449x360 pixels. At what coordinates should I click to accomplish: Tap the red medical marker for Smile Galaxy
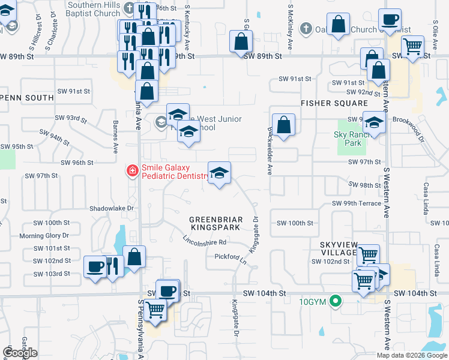point(131,171)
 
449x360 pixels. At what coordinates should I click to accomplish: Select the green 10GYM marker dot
point(337,302)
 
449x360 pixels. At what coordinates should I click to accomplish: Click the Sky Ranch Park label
point(348,139)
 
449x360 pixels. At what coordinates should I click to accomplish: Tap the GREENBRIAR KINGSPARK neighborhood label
point(215,223)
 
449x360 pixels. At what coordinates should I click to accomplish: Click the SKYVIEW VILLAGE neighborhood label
point(339,249)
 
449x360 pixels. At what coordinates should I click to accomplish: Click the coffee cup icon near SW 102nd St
point(95,266)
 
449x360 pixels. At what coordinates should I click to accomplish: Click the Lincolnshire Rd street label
point(205,241)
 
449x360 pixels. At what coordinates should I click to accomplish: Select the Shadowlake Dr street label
point(110,208)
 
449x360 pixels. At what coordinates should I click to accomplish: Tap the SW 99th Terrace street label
point(357,203)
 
